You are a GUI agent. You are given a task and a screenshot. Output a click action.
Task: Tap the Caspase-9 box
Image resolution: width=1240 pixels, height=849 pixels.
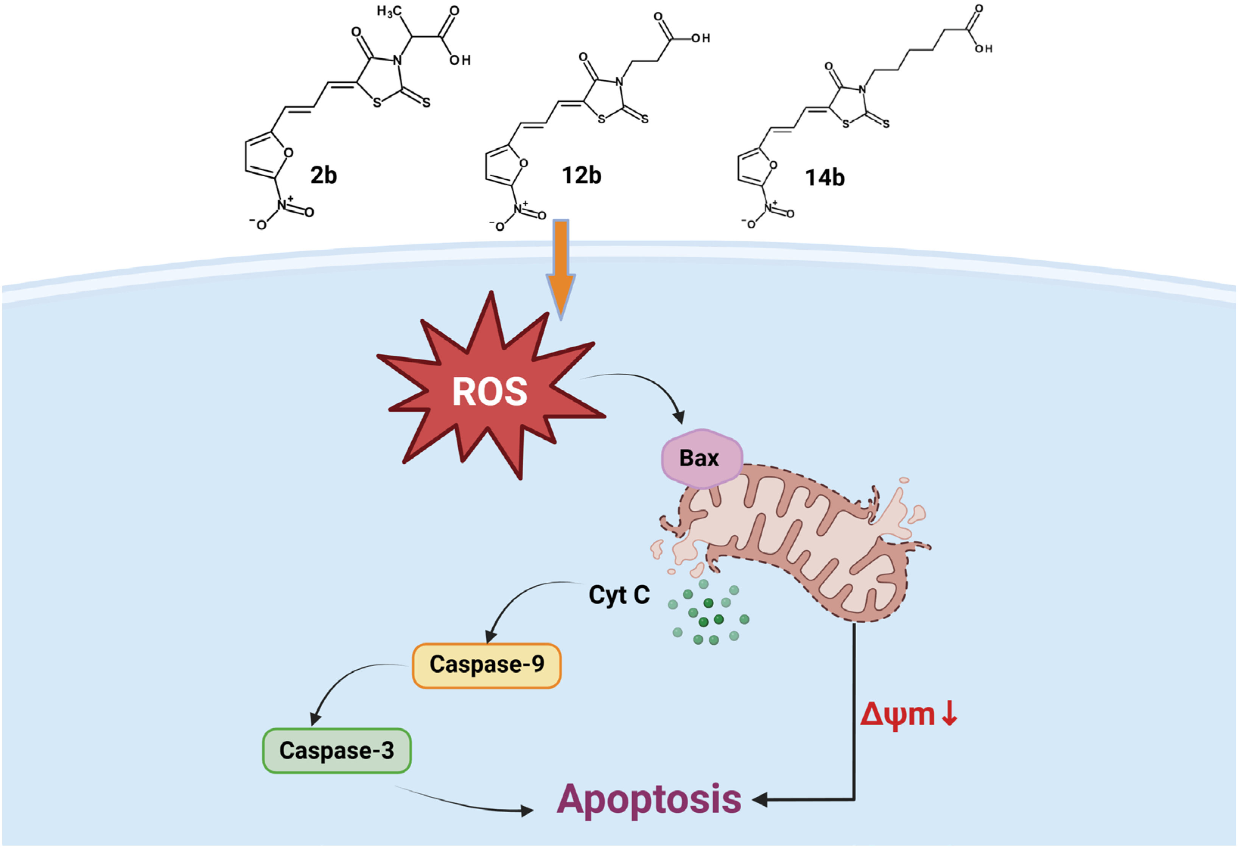[x=487, y=665]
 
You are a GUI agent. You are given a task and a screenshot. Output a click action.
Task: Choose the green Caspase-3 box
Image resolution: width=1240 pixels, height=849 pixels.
[x=337, y=750]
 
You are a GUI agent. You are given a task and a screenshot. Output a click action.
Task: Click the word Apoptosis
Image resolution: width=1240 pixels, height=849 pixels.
[x=649, y=799]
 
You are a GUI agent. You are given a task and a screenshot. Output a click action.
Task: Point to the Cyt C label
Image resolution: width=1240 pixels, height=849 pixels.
[x=619, y=594]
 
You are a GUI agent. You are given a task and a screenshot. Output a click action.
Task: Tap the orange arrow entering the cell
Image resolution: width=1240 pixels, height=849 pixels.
[x=561, y=267]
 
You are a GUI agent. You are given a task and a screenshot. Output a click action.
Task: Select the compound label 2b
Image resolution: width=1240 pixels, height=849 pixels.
[x=324, y=175]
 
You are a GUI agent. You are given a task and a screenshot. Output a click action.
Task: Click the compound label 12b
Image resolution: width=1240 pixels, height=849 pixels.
[x=582, y=175]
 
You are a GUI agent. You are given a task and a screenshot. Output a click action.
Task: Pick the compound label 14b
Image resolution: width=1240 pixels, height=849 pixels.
[x=825, y=178]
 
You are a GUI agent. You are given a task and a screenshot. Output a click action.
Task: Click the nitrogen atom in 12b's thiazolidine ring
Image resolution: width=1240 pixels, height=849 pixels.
[x=619, y=82]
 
